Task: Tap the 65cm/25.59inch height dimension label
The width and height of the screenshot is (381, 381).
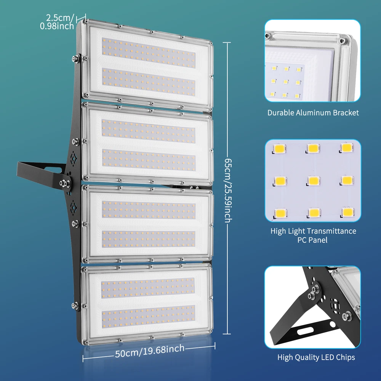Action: tap(228, 190)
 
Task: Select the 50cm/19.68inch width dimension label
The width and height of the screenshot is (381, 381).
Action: tap(150, 351)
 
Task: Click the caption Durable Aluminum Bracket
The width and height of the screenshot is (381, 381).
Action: tap(313, 113)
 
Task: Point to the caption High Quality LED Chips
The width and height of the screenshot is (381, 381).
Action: tap(316, 357)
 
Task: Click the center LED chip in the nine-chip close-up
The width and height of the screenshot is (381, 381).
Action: tap(314, 181)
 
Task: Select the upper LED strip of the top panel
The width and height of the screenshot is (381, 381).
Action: tap(149, 53)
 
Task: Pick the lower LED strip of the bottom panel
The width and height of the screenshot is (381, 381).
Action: tap(148, 316)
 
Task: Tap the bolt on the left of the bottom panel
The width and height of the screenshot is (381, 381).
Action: tap(75, 306)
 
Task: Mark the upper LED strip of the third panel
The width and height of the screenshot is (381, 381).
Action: tap(149, 210)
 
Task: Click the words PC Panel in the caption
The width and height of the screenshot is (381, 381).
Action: tap(312, 240)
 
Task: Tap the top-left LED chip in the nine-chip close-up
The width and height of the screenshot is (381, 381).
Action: tap(280, 148)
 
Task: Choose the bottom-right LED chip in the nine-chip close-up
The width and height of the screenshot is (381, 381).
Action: tap(348, 212)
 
